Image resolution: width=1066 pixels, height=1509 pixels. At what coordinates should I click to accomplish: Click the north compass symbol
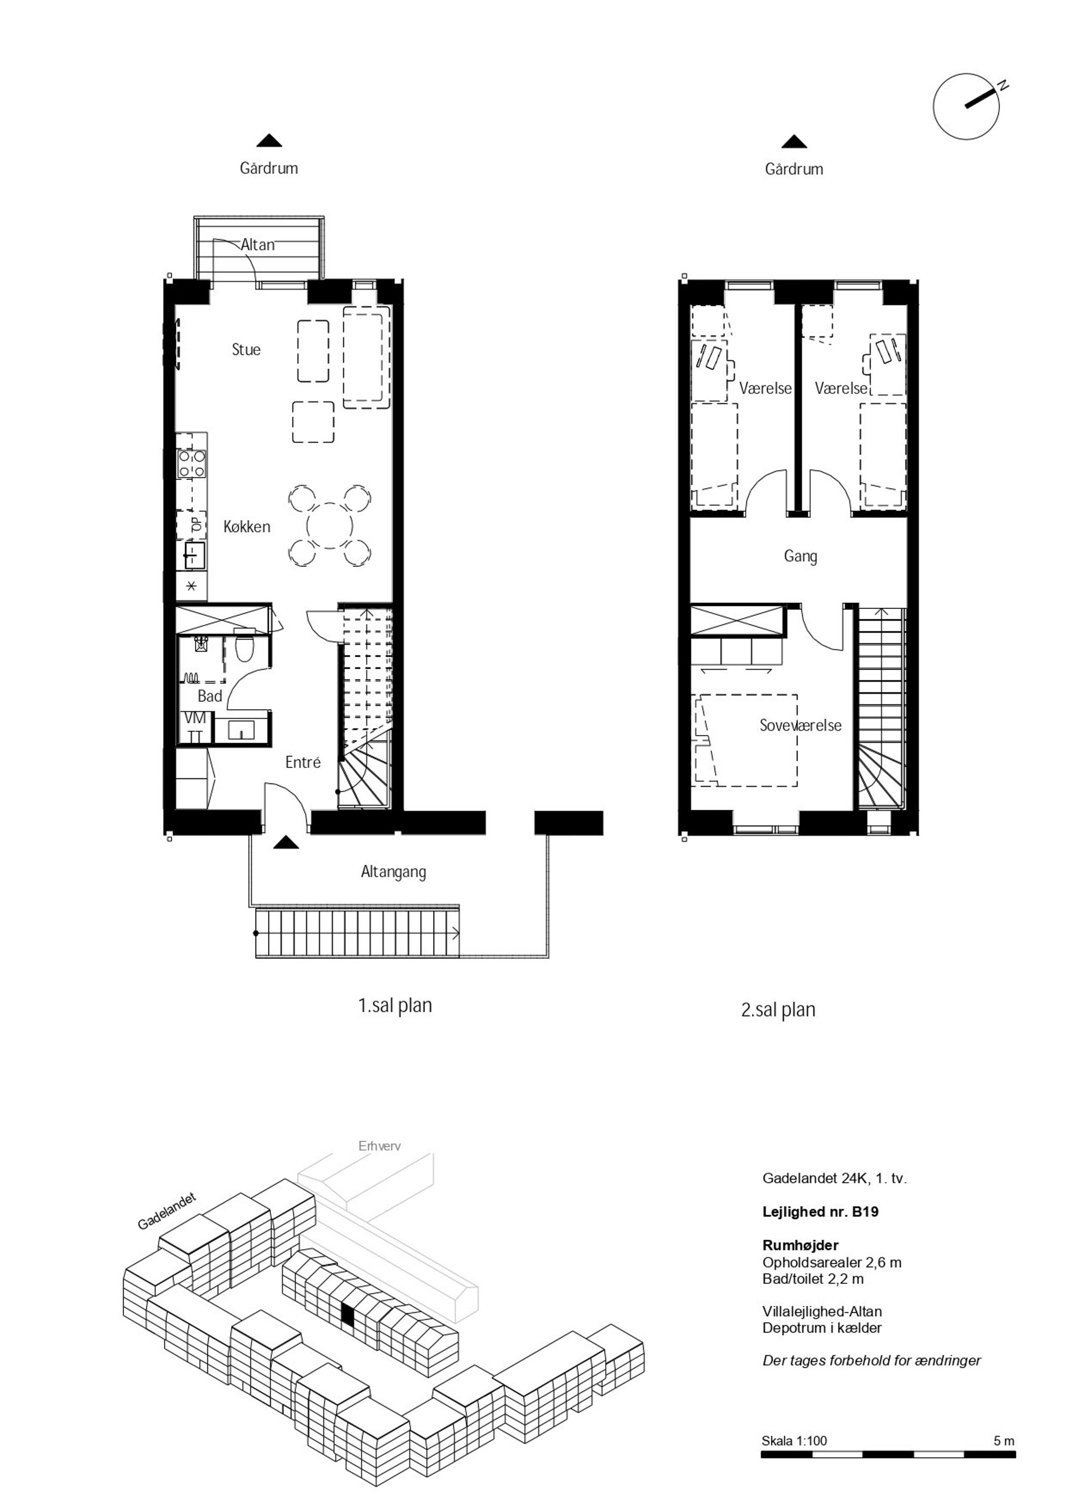tap(966, 106)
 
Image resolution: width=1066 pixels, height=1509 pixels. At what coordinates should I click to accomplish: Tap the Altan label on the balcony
tap(257, 245)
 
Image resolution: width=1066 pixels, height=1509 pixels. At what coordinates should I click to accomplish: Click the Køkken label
tap(247, 527)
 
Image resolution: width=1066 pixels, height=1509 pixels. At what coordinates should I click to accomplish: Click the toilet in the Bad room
tap(245, 646)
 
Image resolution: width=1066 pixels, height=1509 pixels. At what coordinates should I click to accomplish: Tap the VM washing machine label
tap(195, 718)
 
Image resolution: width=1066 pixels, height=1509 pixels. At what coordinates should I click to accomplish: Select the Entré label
tap(303, 763)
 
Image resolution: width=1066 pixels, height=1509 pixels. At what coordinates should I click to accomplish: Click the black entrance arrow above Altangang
tap(285, 842)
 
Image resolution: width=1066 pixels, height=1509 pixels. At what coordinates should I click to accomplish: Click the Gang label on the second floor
tap(801, 557)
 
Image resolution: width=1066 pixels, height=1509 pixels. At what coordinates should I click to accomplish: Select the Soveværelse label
tap(801, 725)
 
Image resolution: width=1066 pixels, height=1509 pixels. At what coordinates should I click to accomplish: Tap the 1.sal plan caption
tap(395, 1005)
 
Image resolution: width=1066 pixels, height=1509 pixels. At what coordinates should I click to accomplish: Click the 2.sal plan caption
tap(778, 1010)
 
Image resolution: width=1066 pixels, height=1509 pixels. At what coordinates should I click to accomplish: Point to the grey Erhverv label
tap(380, 1146)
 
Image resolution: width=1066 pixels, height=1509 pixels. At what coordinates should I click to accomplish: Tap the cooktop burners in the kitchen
tap(191, 464)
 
